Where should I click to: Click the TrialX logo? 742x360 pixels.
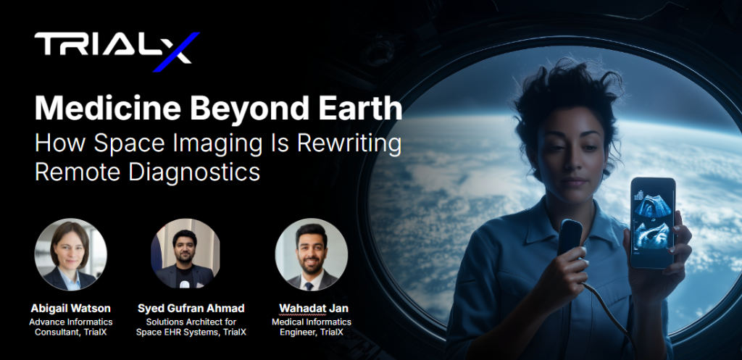[x=117, y=51]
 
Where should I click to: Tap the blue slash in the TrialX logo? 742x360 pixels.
[x=177, y=52]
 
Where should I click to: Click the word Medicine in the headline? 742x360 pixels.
[x=107, y=109]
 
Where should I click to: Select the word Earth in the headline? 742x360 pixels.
[x=359, y=109]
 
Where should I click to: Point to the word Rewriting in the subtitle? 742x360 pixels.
[x=349, y=144]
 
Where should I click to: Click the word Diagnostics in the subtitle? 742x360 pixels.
[x=194, y=172]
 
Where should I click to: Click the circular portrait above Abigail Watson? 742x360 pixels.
[x=70, y=254]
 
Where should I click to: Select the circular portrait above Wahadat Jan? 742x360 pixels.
[x=312, y=254]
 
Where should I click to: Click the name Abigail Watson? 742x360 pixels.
[x=70, y=309]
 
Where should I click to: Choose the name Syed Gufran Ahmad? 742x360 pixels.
[x=191, y=309]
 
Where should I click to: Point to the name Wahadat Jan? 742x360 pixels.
[x=313, y=309]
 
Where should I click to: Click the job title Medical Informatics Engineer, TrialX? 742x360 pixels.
[x=312, y=327]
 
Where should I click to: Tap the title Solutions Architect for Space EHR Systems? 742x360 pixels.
[x=191, y=327]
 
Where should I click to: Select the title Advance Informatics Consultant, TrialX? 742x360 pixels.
[x=71, y=327]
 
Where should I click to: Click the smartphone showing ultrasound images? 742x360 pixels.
[x=653, y=222]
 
